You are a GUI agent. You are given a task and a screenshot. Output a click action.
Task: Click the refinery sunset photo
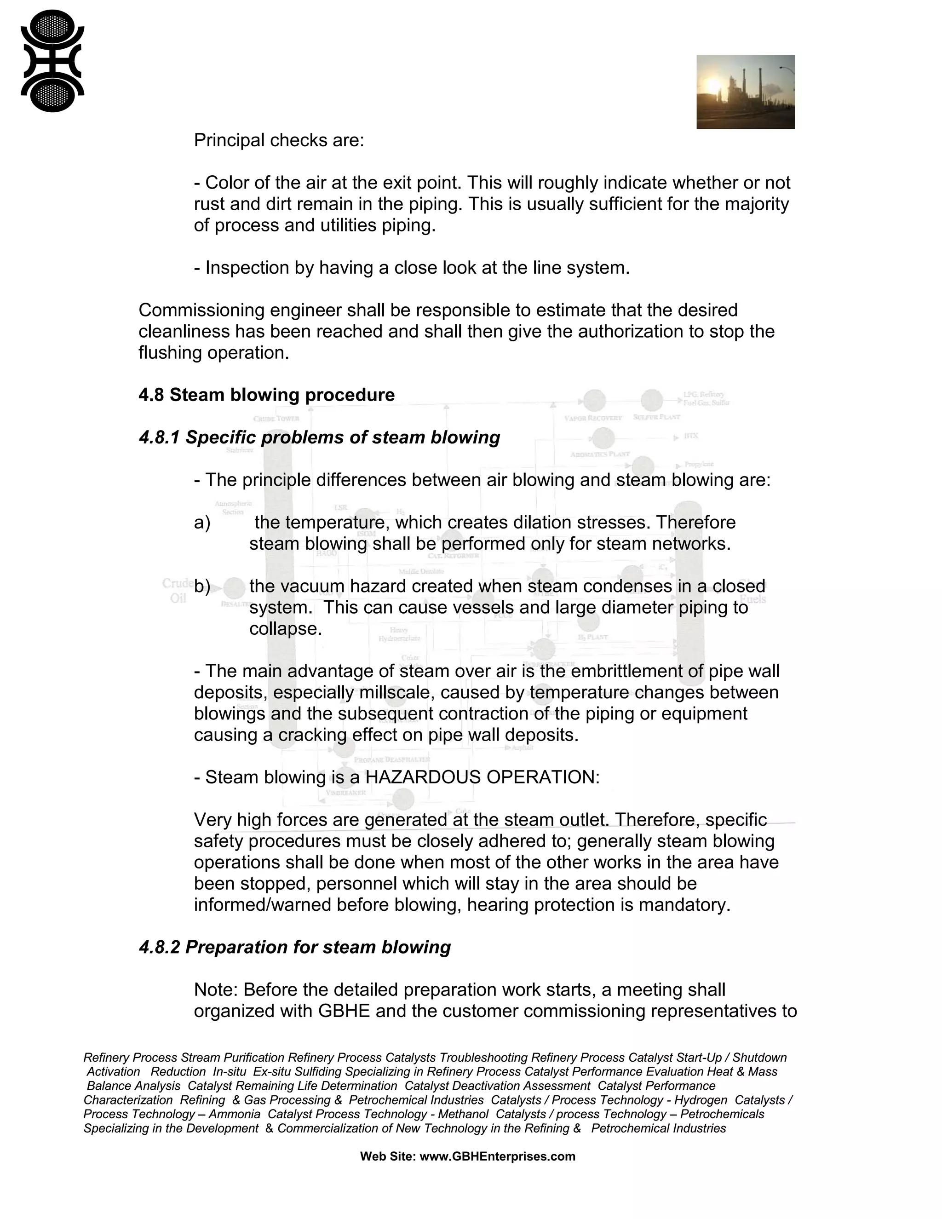tap(745, 92)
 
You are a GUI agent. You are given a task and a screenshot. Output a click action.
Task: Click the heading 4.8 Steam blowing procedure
tap(266, 395)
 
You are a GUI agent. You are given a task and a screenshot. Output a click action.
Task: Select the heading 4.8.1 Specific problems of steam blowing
tap(319, 437)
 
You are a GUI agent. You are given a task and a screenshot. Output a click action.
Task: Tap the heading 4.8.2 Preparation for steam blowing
tap(295, 947)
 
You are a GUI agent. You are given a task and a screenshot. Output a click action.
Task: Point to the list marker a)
tap(202, 523)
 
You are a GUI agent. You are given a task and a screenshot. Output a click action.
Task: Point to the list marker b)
tap(202, 586)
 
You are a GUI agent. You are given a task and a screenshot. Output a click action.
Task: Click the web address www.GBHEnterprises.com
tap(497, 1156)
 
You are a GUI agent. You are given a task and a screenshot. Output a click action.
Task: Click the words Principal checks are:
tap(278, 140)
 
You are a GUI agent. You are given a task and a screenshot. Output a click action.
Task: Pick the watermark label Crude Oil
tap(178, 591)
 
